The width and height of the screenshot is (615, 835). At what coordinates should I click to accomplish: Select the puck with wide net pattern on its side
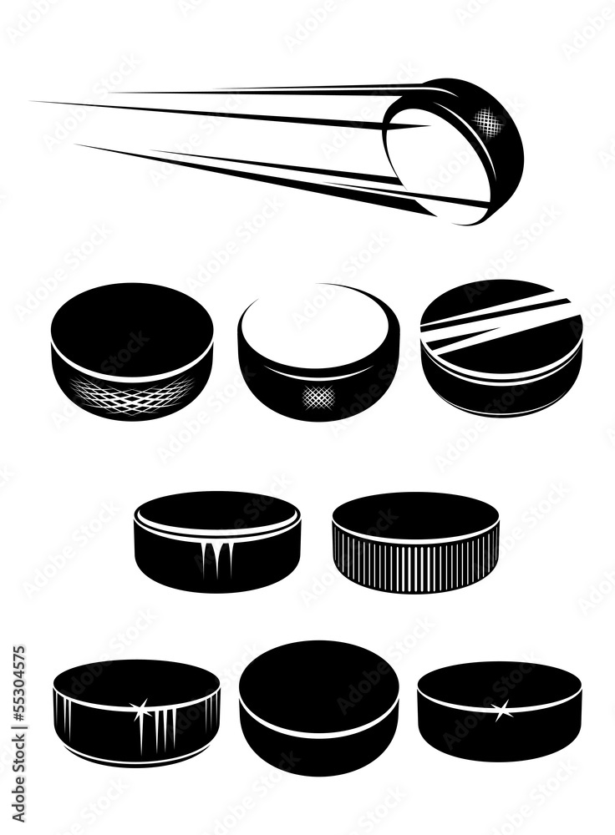coord(131,351)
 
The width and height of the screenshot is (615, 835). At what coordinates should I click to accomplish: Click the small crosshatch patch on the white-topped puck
coord(318,395)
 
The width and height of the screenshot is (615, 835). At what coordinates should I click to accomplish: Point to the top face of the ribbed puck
coord(415,511)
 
